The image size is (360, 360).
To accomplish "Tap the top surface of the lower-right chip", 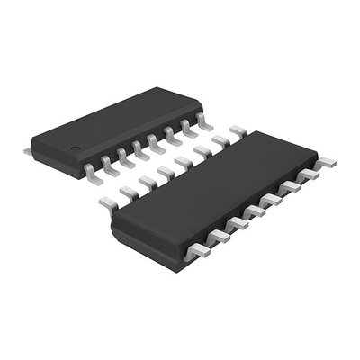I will click(x=216, y=184).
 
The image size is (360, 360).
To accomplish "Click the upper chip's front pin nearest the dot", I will click(x=91, y=167).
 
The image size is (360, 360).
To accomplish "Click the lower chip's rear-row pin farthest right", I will click(x=238, y=131).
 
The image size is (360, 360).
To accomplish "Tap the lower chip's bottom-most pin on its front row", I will click(x=197, y=252).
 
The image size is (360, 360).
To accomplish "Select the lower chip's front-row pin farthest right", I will click(x=326, y=163).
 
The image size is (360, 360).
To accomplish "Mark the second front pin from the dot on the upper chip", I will click(x=108, y=163).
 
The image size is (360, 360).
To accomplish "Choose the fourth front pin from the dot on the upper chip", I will click(x=142, y=149).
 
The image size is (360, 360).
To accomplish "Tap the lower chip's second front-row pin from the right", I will click(x=308, y=173).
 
